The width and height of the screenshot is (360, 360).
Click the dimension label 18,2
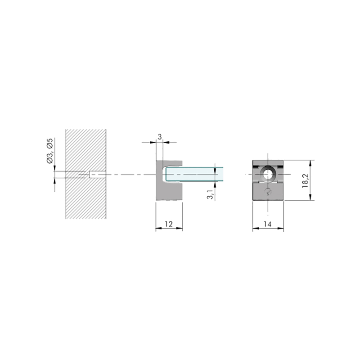[x=306, y=181]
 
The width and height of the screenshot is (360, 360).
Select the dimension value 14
[x=267, y=224]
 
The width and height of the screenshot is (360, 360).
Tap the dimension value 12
[x=169, y=224]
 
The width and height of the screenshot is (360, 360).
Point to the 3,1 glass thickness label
[x=210, y=194]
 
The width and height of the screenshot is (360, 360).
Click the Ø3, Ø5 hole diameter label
[x=50, y=151]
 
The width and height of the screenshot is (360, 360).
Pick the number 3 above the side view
[x=160, y=137]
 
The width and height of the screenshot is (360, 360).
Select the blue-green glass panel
[x=194, y=174]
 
